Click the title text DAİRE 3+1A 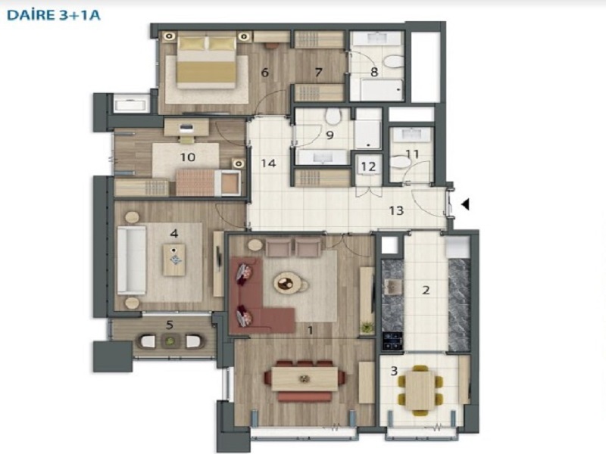54,15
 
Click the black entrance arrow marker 465,204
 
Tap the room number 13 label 396,211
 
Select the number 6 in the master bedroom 264,72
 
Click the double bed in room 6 206,62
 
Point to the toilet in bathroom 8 395,62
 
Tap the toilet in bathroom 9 333,117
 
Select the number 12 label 368,166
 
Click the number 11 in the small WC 412,154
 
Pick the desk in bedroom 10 186,127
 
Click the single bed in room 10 208,182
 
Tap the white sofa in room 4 132,260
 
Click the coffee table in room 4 174,260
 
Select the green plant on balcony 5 170,341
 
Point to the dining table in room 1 305,379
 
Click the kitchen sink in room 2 392,287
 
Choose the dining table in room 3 420,390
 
